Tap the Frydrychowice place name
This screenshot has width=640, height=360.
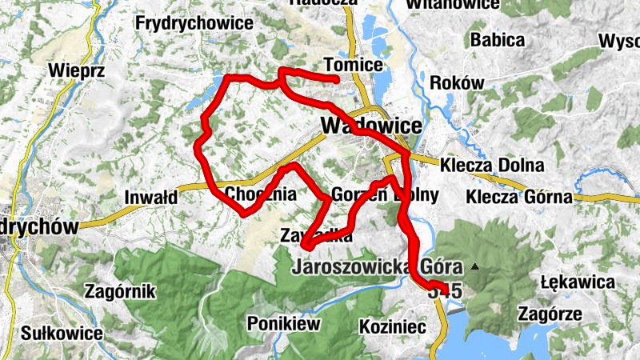click(x=195, y=23)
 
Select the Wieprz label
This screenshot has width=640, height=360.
click(x=77, y=70)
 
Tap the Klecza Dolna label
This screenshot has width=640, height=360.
click(x=491, y=166)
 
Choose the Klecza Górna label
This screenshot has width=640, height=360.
click(x=521, y=196)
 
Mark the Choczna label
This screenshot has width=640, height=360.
click(x=261, y=194)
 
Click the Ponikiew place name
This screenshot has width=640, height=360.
click(x=283, y=324)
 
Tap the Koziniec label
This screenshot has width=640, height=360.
click(x=386, y=326)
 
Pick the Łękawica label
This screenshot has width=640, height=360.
click(x=577, y=282)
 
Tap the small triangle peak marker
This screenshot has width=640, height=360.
click(x=475, y=266)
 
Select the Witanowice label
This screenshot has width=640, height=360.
click(x=454, y=4)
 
